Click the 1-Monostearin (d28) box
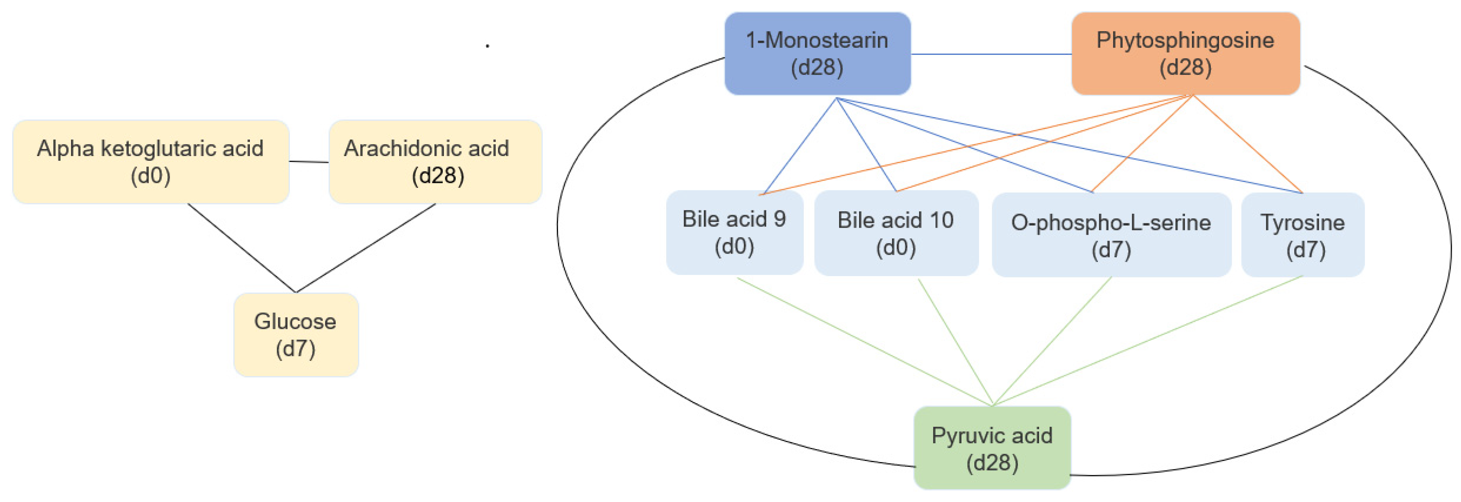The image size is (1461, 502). point(817,54)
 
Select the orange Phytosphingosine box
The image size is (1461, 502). point(1185,54)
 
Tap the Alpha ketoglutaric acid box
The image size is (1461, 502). point(151,162)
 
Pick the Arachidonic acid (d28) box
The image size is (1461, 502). point(435,162)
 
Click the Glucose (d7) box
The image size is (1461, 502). point(296,335)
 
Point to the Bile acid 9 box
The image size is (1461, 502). point(735,233)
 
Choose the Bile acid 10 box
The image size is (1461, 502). point(896,233)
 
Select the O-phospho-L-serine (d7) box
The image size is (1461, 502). point(1111,235)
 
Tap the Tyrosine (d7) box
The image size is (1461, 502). point(1303,235)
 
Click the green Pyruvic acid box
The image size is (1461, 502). point(992,448)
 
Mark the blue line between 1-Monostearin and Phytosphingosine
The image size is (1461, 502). point(991,54)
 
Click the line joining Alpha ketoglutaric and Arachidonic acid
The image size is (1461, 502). point(309,162)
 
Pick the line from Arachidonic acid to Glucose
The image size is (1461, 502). point(366,248)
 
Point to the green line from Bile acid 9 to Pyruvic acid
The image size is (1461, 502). point(864,342)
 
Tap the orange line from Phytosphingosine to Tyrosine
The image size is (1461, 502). point(1248,144)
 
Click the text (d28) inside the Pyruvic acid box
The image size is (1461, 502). point(992,463)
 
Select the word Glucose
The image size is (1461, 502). point(295,322)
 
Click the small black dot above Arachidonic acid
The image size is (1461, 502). point(487,45)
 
